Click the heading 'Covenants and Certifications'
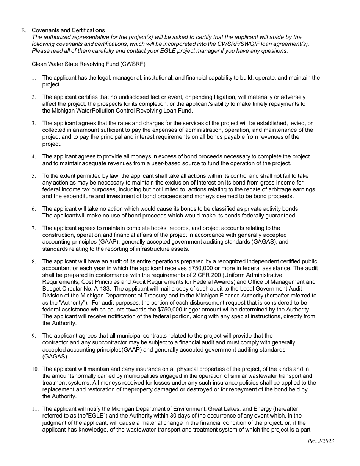click(68, 30)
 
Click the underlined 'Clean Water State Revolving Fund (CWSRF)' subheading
click(88, 64)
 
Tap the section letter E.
click(23, 31)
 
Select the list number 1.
click(34, 78)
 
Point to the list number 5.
click(34, 176)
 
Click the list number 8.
click(34, 262)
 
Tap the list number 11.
click(34, 409)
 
